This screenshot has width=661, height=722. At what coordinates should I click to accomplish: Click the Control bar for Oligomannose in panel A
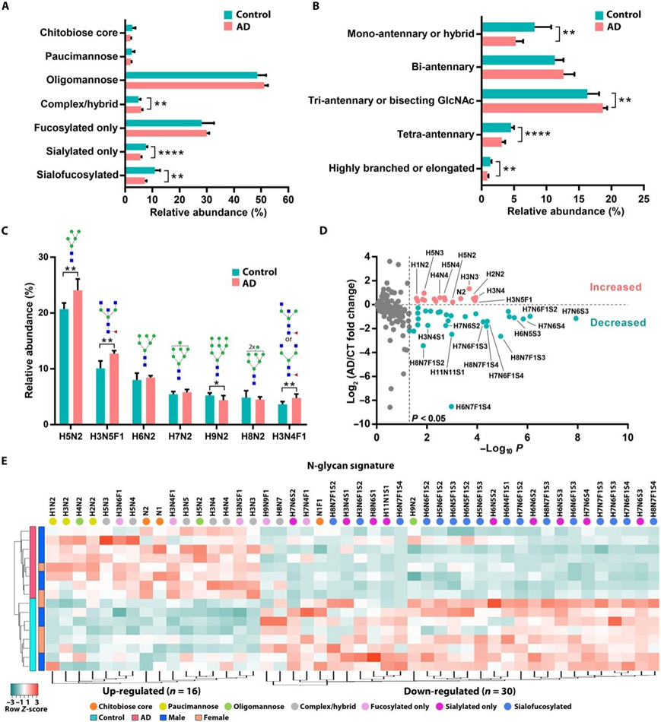tap(194, 74)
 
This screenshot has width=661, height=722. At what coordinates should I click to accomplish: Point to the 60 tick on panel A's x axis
tap(288, 195)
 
